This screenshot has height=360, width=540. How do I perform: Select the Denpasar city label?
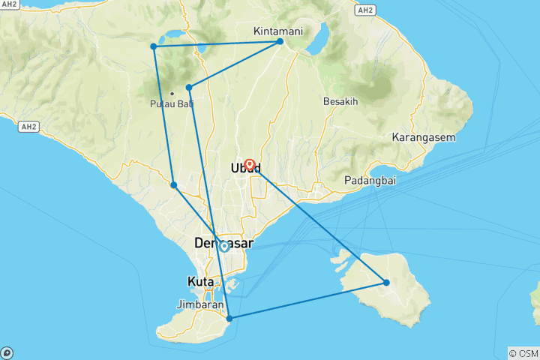pyautogui.click(x=223, y=244)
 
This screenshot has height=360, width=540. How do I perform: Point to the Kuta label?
pyautogui.click(x=199, y=282)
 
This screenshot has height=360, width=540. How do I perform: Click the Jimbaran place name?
pyautogui.click(x=201, y=305)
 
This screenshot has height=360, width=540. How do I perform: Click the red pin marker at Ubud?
pyautogui.click(x=250, y=163)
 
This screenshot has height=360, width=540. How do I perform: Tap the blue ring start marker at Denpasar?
pyautogui.click(x=223, y=245)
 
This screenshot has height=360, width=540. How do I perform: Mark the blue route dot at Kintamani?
pyautogui.click(x=280, y=41)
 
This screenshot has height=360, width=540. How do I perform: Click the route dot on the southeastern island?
pyautogui.click(x=386, y=283)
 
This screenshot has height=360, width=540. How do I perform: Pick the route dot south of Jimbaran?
pyautogui.click(x=229, y=319)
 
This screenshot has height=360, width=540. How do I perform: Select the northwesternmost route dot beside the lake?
pyautogui.click(x=154, y=46)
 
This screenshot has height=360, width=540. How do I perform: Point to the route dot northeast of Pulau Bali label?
pyautogui.click(x=189, y=87)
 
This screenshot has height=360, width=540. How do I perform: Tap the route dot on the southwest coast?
pyautogui.click(x=173, y=184)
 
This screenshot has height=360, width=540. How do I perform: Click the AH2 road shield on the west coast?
pyautogui.click(x=29, y=127)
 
